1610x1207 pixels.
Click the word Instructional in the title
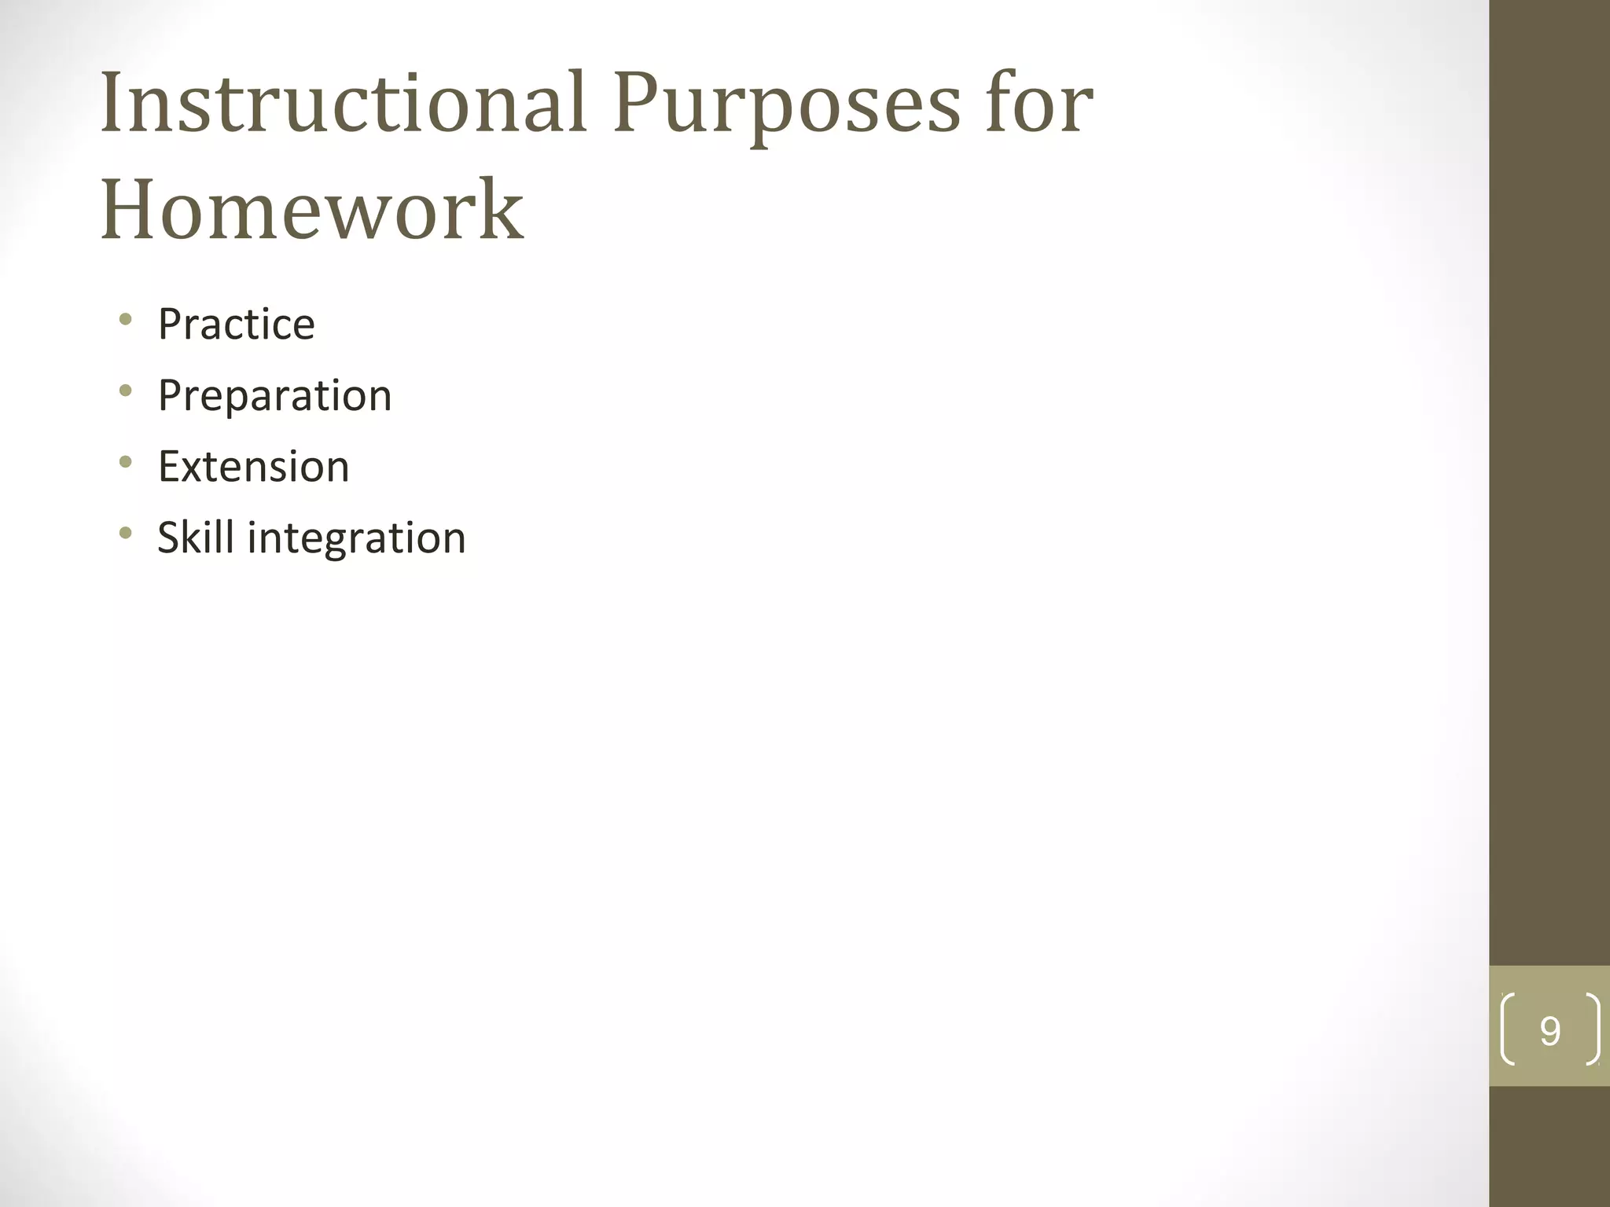click(344, 104)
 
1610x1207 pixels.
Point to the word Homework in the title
click(312, 210)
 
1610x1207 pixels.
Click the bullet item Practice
click(236, 324)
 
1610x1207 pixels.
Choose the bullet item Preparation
click(274, 395)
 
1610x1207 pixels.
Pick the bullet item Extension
click(253, 467)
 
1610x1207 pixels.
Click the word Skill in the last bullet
click(196, 538)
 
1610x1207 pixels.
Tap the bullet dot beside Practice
click(125, 319)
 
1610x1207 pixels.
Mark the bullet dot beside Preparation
click(125, 391)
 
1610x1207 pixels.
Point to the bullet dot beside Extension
click(125, 462)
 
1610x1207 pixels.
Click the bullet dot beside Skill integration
click(125, 534)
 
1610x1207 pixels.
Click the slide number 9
click(1549, 1031)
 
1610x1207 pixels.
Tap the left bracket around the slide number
click(1508, 1029)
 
